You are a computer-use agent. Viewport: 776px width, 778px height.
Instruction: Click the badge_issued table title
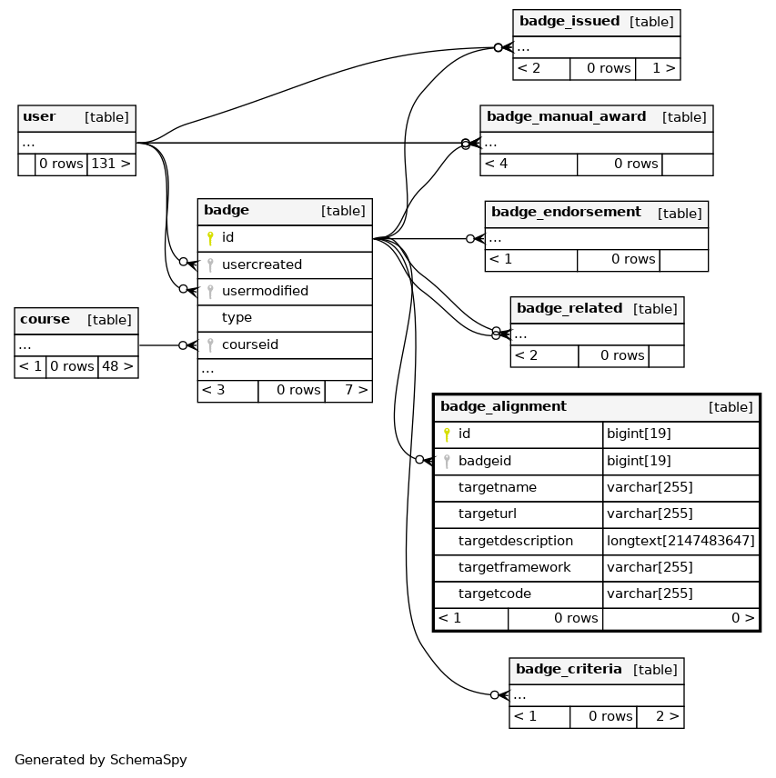[x=569, y=21]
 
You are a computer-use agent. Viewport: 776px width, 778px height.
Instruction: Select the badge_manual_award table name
[x=567, y=116]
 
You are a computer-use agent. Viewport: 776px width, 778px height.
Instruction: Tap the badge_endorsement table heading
[x=566, y=213]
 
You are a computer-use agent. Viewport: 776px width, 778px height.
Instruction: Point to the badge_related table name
[x=569, y=308]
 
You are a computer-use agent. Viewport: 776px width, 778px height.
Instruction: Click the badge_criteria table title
[x=569, y=669]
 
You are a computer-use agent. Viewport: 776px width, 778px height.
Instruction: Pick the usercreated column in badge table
[x=262, y=264]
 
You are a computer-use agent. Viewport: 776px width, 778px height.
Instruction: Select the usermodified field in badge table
[x=265, y=291]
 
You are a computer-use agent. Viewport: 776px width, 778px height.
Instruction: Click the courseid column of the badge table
[x=250, y=344]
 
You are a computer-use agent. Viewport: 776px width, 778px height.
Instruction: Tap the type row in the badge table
[x=237, y=317]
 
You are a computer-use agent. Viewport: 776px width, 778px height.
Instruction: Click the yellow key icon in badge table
[x=210, y=238]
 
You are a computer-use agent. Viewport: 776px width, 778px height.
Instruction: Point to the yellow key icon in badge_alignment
[x=447, y=434]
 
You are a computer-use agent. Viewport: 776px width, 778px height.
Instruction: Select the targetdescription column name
[x=515, y=541]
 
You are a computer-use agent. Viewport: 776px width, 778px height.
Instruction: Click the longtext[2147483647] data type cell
[x=680, y=541]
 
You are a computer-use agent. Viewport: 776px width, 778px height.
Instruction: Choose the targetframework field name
[x=514, y=567]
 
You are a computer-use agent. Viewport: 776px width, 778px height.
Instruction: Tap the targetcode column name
[x=495, y=593]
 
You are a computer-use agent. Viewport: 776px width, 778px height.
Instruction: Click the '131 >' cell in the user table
[x=111, y=164]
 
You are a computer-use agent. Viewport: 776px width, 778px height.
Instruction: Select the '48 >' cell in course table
[x=117, y=366]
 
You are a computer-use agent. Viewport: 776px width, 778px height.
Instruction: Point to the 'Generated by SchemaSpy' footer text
[x=101, y=760]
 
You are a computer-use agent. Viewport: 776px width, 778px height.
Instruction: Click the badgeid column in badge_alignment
[x=485, y=461]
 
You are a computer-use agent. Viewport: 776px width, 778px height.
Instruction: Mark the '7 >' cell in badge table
[x=348, y=390]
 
